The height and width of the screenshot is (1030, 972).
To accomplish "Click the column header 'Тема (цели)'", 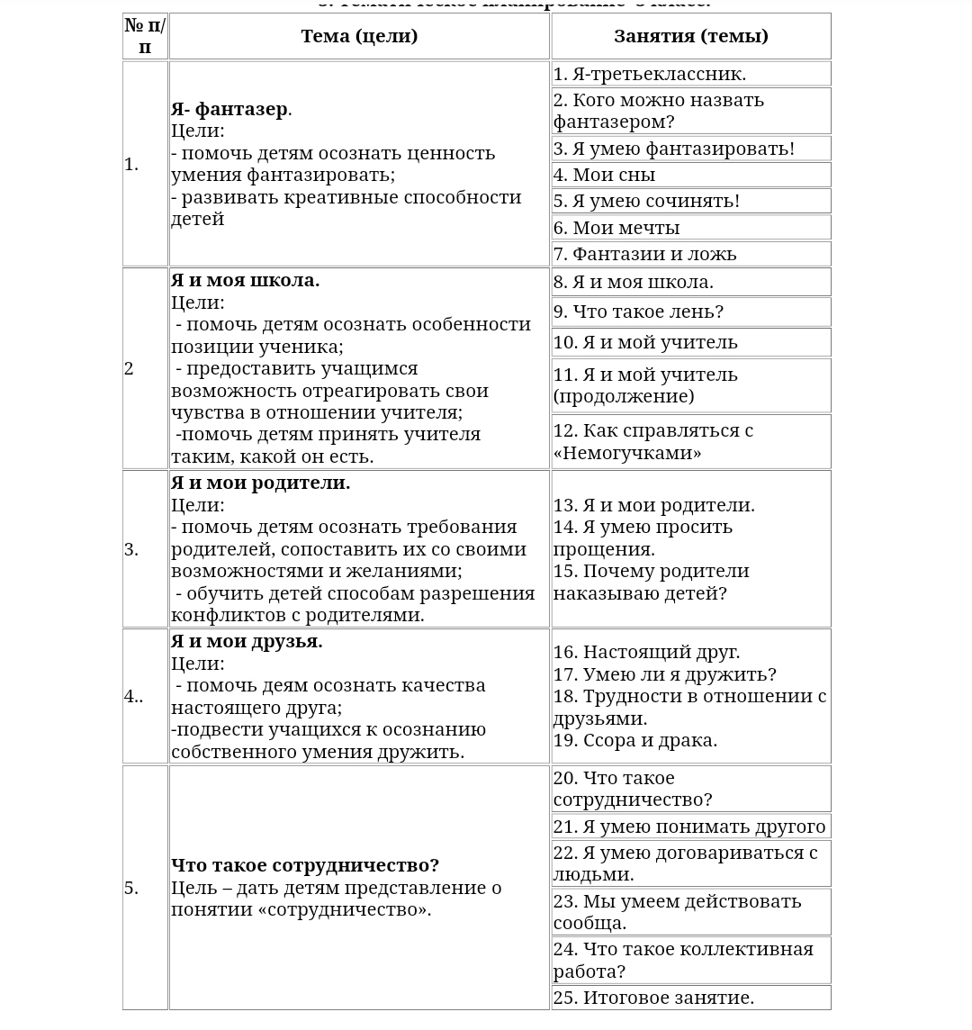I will point(359,37).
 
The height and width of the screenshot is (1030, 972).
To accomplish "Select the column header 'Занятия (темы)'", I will point(690,37).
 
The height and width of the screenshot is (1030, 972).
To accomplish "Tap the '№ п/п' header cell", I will point(145,37).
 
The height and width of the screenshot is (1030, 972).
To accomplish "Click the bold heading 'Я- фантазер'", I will point(229,109).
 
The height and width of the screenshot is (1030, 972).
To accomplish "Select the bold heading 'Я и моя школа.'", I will point(245,280).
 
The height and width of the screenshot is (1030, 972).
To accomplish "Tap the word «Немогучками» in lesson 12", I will point(627,453).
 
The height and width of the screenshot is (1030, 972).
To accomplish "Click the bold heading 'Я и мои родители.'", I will point(260,483).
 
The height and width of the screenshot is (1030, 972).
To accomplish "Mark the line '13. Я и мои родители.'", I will point(653,505).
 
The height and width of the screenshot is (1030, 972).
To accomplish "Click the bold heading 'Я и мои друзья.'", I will point(247,641).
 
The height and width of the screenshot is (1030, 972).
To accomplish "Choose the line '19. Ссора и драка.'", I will point(634,740).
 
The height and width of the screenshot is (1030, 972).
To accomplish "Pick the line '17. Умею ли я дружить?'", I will point(664,674).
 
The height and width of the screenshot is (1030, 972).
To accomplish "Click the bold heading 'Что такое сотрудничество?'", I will point(305,865).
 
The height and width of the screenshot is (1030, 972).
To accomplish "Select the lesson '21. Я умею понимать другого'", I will point(689,827).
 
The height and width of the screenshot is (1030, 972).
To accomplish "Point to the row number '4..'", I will point(133,696).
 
